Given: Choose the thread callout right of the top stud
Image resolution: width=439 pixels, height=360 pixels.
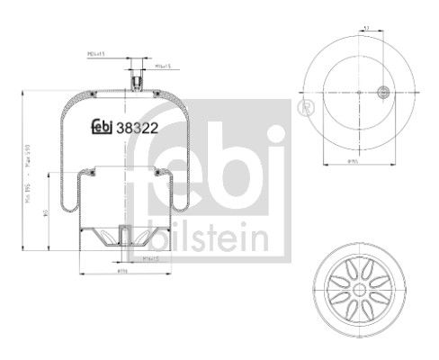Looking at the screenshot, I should (x=163, y=66).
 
